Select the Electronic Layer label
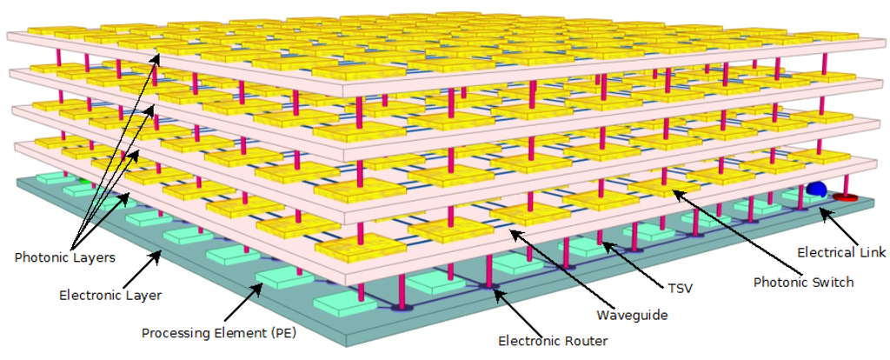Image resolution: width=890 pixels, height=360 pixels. coord(110,296)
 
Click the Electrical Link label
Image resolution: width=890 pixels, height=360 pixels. coord(842,254)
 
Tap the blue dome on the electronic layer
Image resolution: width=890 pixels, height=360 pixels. coord(815,189)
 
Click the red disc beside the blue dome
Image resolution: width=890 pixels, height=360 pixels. coord(844,198)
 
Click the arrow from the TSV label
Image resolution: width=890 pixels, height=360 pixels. coord(629,262)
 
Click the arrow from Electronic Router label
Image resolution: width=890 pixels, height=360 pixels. coord(514,312)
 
